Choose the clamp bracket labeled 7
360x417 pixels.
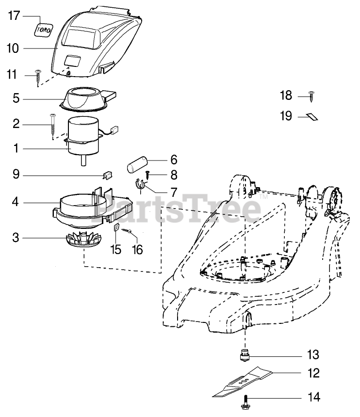pyautogui.click(x=140, y=186)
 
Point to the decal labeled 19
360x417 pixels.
pyautogui.click(x=312, y=116)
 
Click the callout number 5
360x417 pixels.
pyautogui.click(x=16, y=99)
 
